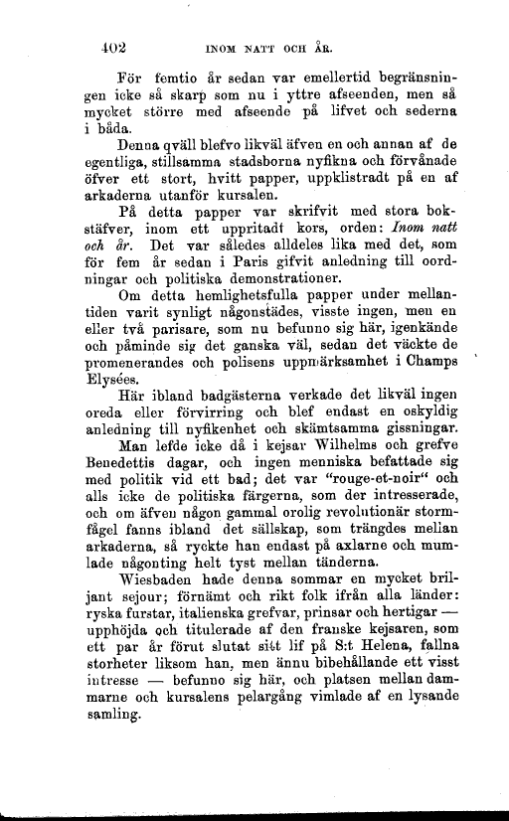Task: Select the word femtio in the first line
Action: [174, 77]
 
